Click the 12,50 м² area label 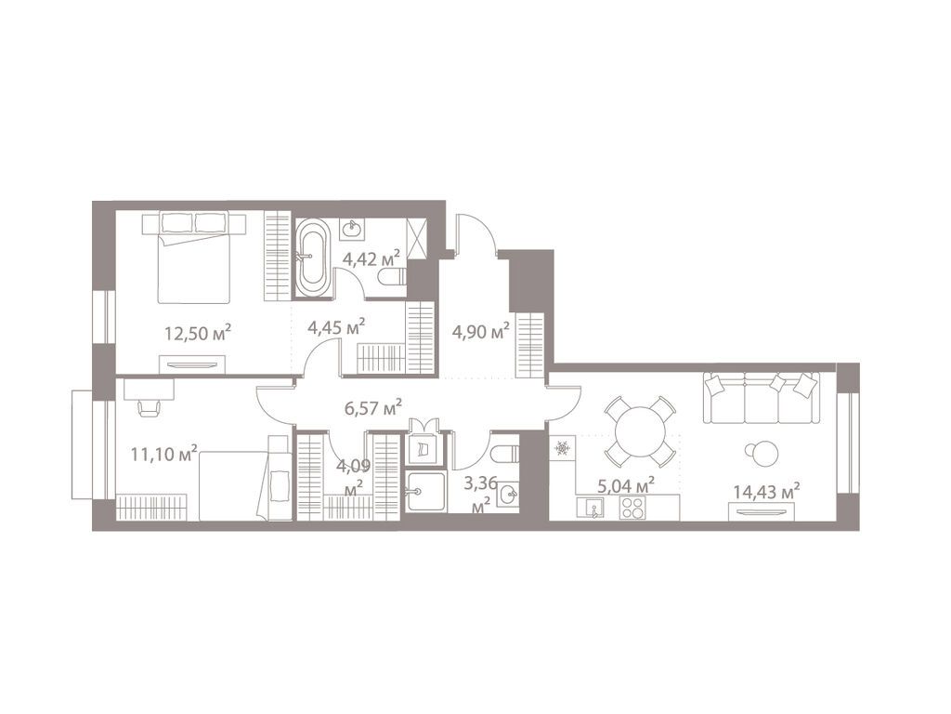point(197,332)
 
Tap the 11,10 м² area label point(165,454)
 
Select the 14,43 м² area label point(765,490)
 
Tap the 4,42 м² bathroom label point(371,258)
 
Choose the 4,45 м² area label point(335,326)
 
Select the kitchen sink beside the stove point(591,508)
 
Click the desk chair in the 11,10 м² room point(149,406)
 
